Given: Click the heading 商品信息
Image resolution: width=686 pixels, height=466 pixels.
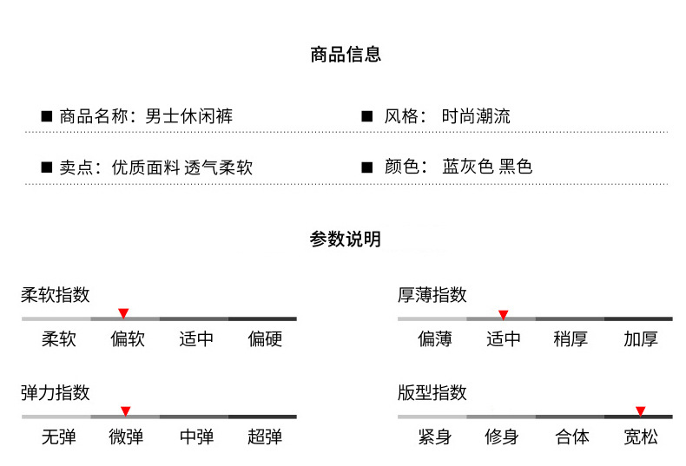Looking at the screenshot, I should (x=345, y=56).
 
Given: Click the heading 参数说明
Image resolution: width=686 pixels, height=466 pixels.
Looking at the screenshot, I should (x=345, y=240).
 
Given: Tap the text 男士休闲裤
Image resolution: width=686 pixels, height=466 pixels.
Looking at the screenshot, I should (x=188, y=116).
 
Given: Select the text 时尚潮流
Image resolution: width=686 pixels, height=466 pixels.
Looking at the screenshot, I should (x=476, y=116).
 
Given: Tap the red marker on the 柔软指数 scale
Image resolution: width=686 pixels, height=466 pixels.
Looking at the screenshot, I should (x=123, y=313).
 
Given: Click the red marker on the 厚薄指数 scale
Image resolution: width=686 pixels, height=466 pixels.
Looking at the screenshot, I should (x=503, y=314).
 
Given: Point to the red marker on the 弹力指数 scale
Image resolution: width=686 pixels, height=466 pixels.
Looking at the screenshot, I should (x=125, y=410).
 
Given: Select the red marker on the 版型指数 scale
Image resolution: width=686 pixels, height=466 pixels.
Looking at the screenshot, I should (x=640, y=410).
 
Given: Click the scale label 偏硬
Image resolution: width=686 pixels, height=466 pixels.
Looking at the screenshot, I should (x=265, y=338).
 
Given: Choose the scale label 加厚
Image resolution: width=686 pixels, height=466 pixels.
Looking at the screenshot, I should (x=641, y=338).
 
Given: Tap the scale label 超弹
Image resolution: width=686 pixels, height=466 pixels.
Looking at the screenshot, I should (x=265, y=436).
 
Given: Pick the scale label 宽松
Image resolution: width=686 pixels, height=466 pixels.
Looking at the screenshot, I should (x=640, y=436).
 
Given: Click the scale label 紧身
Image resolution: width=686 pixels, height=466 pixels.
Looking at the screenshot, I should (x=434, y=436).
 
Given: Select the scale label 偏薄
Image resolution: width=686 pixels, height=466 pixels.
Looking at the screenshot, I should (x=434, y=338).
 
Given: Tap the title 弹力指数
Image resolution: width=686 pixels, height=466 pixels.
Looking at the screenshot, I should (x=56, y=392).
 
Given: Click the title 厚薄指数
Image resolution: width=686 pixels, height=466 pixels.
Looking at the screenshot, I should (x=432, y=295).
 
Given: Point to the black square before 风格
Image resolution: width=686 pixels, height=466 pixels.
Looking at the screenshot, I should (x=366, y=116).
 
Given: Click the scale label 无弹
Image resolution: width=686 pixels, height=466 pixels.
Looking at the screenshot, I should (x=59, y=436).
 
